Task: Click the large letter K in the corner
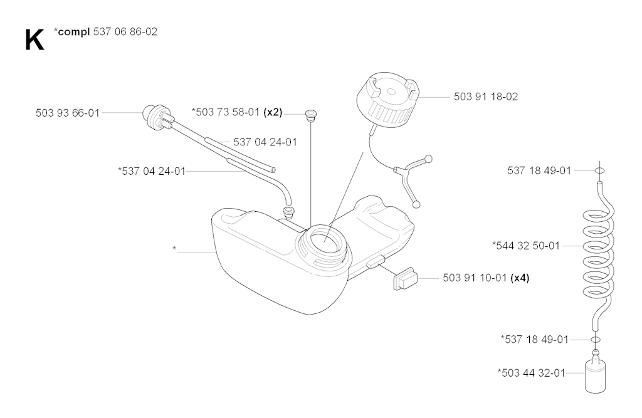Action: (x=34, y=40)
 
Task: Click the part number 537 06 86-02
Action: (x=125, y=32)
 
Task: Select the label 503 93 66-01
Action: (x=68, y=113)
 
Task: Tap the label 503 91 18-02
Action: (x=486, y=97)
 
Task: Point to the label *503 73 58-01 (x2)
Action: (x=237, y=112)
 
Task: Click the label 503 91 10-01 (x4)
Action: (x=486, y=278)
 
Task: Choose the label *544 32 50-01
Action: (x=526, y=246)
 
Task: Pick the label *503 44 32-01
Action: (x=531, y=373)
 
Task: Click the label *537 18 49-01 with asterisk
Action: (x=535, y=340)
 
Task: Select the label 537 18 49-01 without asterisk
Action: (x=539, y=170)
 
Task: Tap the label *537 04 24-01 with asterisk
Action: (x=152, y=171)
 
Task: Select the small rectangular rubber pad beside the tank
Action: (x=405, y=279)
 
